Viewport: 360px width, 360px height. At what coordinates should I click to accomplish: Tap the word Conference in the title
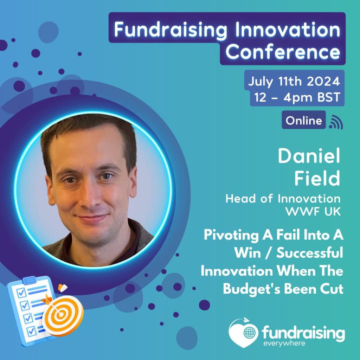(283, 52)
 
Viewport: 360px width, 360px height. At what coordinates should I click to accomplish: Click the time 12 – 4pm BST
(297, 98)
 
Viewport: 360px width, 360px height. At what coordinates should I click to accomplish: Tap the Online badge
(304, 121)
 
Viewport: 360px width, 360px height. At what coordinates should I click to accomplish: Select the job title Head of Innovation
(283, 199)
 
